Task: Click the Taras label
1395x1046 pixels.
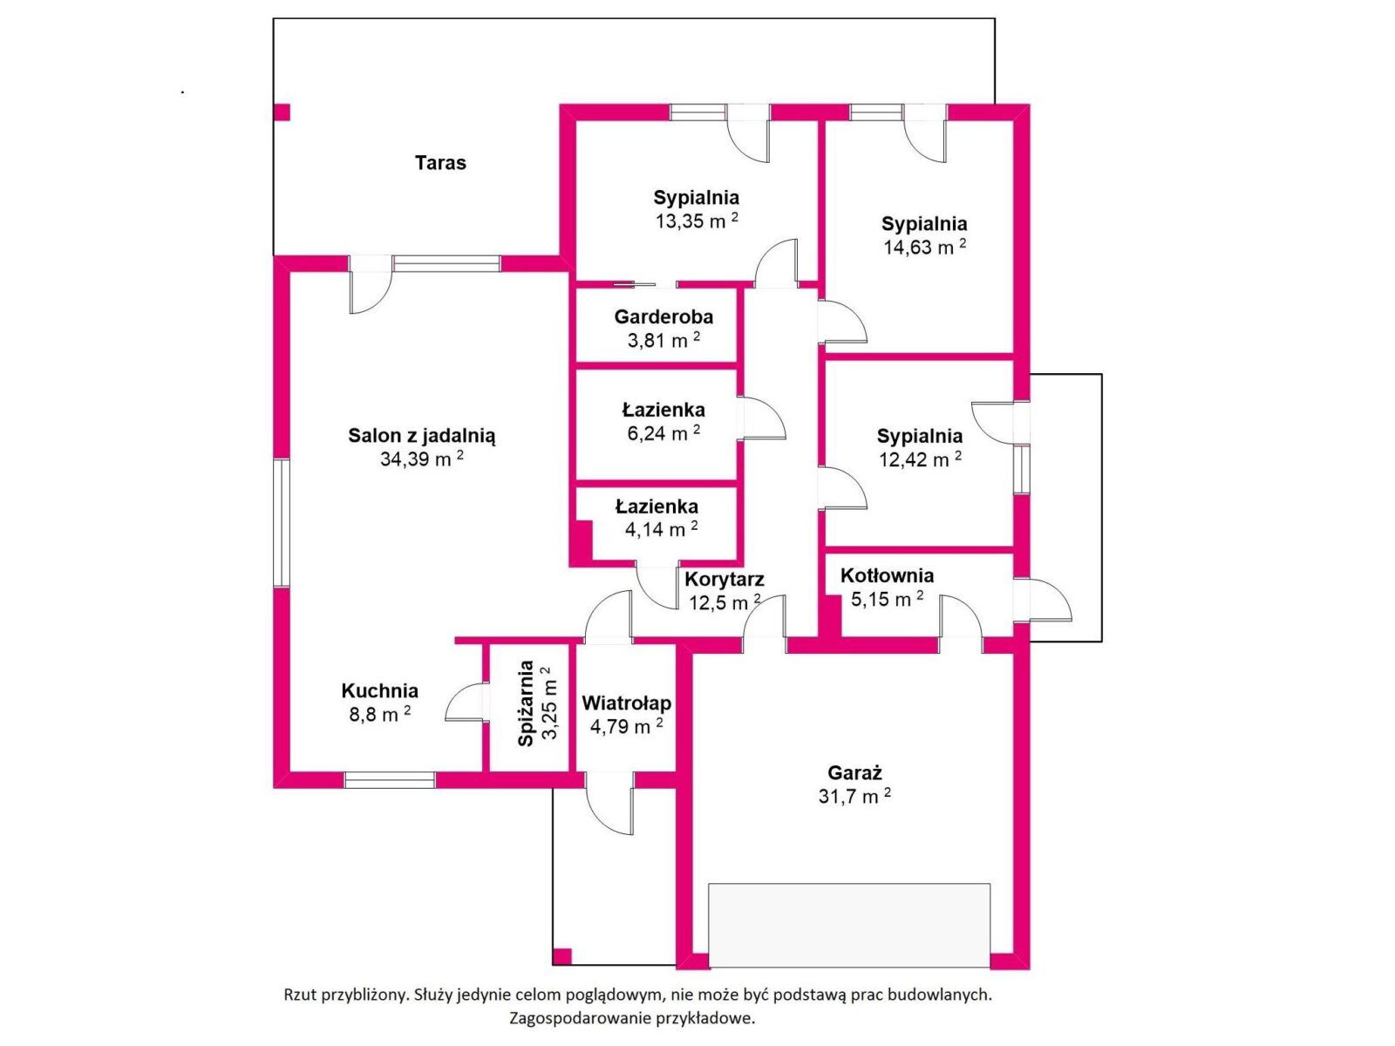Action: click(x=440, y=163)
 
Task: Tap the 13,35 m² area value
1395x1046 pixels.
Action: click(x=697, y=221)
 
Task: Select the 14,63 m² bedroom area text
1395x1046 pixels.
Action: click(x=924, y=247)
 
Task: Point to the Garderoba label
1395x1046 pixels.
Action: click(x=663, y=316)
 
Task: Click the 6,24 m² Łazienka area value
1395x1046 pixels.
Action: click(x=663, y=433)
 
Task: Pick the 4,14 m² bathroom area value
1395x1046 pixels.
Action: click(x=661, y=529)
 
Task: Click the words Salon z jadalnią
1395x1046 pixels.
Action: click(x=421, y=437)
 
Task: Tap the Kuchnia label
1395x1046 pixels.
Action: click(x=379, y=690)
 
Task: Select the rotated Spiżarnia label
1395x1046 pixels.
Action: click(x=526, y=703)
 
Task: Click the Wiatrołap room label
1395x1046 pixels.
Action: click(x=627, y=703)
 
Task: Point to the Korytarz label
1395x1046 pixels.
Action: click(x=724, y=579)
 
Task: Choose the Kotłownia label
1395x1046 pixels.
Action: click(x=887, y=575)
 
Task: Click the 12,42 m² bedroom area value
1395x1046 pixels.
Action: click(x=920, y=459)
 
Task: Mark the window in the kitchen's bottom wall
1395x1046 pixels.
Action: click(x=389, y=780)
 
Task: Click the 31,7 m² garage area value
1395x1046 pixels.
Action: click(x=854, y=796)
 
